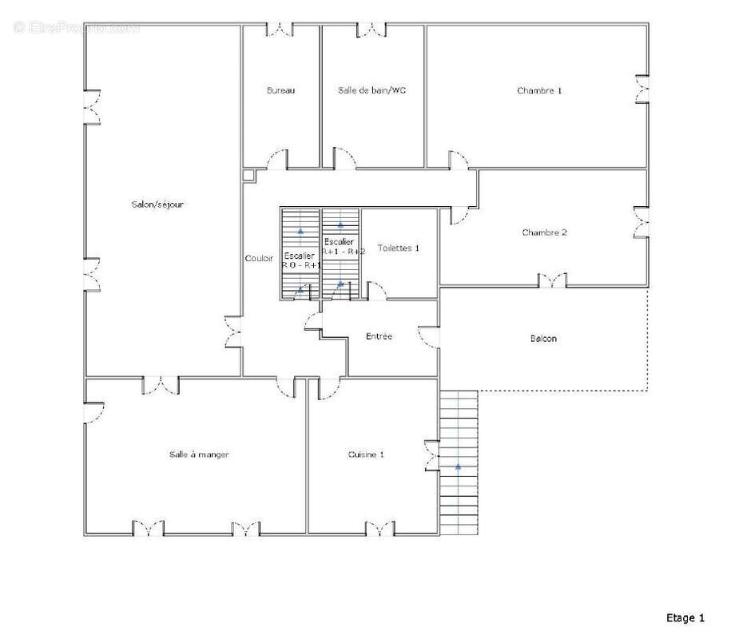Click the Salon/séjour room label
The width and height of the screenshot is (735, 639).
click(x=157, y=204)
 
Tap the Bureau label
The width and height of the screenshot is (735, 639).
click(x=280, y=91)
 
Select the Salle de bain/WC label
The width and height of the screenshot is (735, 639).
click(x=371, y=91)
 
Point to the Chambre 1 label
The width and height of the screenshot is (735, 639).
click(x=539, y=91)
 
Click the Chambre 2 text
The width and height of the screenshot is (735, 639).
click(x=544, y=232)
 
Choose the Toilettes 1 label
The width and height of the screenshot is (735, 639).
click(x=398, y=248)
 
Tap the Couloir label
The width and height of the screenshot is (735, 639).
click(x=259, y=259)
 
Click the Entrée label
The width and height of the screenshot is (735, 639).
click(x=379, y=337)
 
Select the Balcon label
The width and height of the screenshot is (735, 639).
click(x=543, y=339)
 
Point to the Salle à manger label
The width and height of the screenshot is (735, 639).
click(x=199, y=454)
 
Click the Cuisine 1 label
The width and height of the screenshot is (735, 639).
click(x=366, y=454)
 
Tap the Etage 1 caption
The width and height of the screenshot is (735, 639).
click(x=685, y=617)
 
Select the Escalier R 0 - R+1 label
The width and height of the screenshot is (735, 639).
click(x=301, y=260)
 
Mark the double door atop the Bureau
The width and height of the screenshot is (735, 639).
click(x=280, y=30)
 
